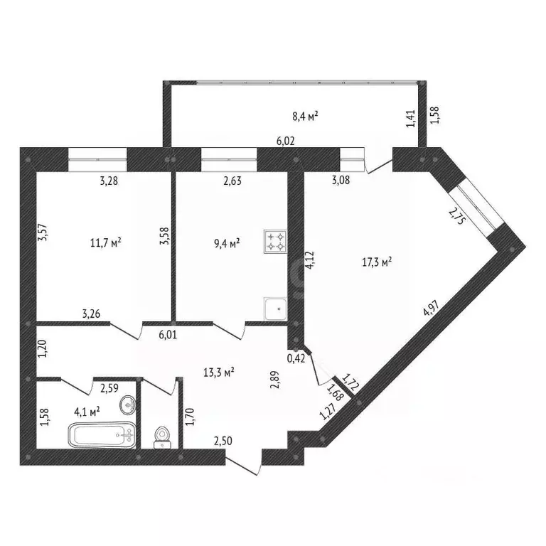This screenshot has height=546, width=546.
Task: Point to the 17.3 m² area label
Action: [378, 262]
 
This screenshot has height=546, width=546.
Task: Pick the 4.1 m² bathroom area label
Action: [87, 409]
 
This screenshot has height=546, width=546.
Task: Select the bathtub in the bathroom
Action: [101, 433]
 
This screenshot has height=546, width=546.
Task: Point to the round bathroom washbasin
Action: [128, 406]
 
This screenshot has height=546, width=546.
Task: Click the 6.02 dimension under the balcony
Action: [287, 141]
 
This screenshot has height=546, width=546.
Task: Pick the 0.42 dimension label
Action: [296, 358]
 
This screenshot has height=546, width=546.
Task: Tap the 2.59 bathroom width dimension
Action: [109, 388]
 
